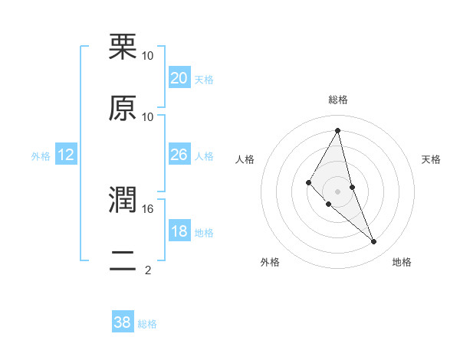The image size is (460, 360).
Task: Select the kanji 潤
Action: [123, 201]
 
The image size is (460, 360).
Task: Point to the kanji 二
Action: [123, 261]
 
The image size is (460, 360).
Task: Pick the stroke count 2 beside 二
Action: [148, 270]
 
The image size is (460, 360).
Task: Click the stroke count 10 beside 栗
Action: [148, 55]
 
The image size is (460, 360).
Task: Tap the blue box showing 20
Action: [179, 78]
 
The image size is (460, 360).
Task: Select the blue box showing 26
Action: [179, 155]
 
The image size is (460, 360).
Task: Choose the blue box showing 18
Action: [179, 231]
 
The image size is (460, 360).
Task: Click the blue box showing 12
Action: [66, 155]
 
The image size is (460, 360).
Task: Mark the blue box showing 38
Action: [122, 322]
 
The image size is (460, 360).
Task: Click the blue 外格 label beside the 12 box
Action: [41, 155]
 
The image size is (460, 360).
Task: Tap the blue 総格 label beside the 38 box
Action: [147, 324]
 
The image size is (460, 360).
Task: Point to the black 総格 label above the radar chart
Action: [338, 100]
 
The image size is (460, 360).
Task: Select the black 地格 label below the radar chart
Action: [402, 262]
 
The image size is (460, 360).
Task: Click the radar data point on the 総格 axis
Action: [338, 130]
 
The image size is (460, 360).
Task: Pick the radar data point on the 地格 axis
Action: [374, 242]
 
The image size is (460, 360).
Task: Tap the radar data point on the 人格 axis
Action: [308, 182]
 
